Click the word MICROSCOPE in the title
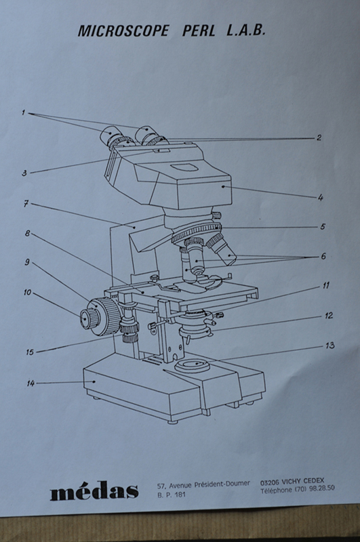pyautogui.click(x=123, y=30)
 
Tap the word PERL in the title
pyautogui.click(x=199, y=30)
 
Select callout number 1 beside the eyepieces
pyautogui.click(x=24, y=112)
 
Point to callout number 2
pyautogui.click(x=319, y=138)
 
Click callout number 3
pyautogui.click(x=24, y=173)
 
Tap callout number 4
pyautogui.click(x=320, y=198)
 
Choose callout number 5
pyautogui.click(x=322, y=227)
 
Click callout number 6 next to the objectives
pyautogui.click(x=323, y=256)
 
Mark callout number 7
pyautogui.click(x=26, y=204)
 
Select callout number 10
pyautogui.click(x=27, y=293)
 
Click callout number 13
pyautogui.click(x=329, y=346)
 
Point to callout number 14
pyautogui.click(x=31, y=383)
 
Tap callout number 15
pyautogui.click(x=30, y=352)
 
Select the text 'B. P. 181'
pyautogui.click(x=172, y=495)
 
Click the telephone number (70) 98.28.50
pyautogui.click(x=315, y=488)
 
